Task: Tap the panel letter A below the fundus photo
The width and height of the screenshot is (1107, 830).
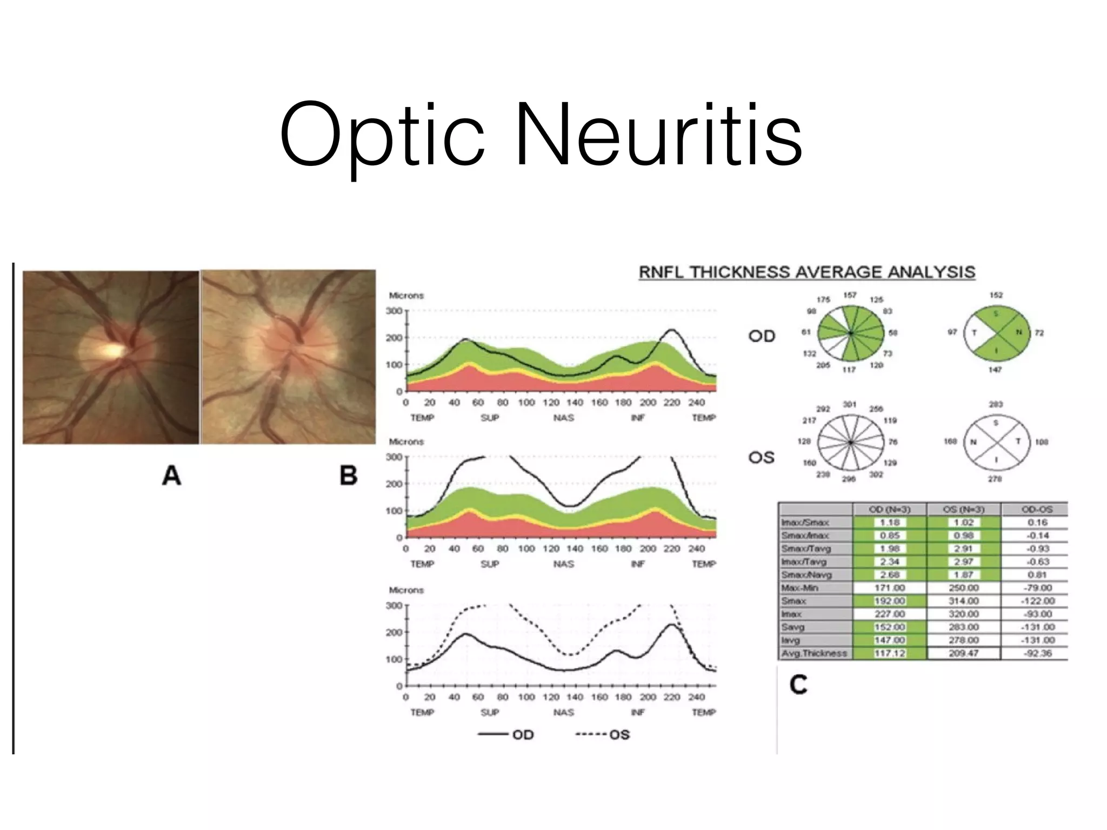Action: (x=171, y=476)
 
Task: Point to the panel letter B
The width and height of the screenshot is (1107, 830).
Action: (x=348, y=476)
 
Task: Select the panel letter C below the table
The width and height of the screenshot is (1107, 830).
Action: (x=798, y=685)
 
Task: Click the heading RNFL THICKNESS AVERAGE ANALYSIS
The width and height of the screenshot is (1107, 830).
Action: (x=807, y=272)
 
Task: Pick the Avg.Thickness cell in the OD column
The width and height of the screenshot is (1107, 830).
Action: (x=889, y=653)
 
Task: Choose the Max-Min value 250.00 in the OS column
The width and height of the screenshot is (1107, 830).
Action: (x=963, y=588)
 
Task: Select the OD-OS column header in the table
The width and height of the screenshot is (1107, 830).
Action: (x=1036, y=510)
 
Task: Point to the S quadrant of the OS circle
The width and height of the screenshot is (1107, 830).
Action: (x=996, y=423)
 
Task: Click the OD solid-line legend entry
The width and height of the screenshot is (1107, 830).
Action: (x=506, y=735)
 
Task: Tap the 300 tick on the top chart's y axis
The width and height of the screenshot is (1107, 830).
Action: (x=394, y=311)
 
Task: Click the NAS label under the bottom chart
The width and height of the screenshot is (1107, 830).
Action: (x=563, y=712)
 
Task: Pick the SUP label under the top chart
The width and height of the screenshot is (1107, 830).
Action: (x=490, y=418)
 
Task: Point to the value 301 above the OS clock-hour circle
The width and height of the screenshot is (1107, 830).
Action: (x=849, y=405)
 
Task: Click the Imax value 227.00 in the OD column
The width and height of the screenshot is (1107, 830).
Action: (x=889, y=614)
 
